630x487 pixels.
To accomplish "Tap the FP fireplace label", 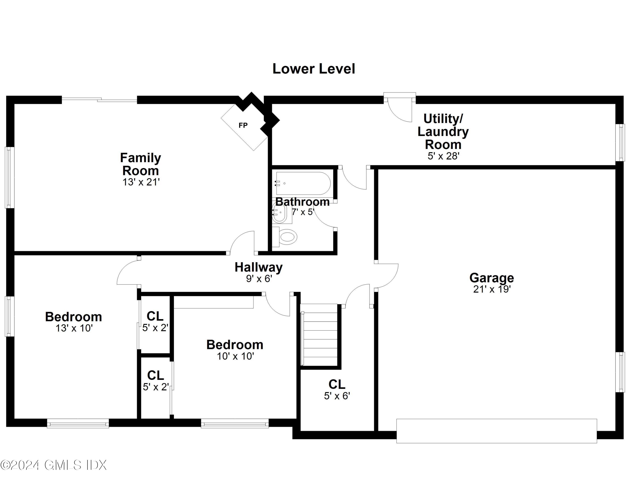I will click(243, 125).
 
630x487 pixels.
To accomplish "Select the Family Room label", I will click(140, 164).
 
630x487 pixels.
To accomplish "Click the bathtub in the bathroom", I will click(303, 183).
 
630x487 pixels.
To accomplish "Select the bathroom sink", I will click(280, 213).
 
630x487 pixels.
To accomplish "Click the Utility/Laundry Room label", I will click(443, 132).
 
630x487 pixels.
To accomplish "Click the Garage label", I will click(492, 278).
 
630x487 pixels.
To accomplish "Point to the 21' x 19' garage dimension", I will click(492, 289).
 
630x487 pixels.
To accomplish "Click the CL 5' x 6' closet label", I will click(337, 390).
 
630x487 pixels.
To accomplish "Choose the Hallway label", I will click(259, 267).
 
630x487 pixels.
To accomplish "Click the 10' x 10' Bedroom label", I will click(235, 345).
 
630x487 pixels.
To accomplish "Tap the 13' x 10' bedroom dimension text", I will click(74, 328).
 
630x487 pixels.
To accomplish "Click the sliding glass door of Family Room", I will click(100, 100).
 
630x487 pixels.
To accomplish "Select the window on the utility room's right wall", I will click(620, 142).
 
